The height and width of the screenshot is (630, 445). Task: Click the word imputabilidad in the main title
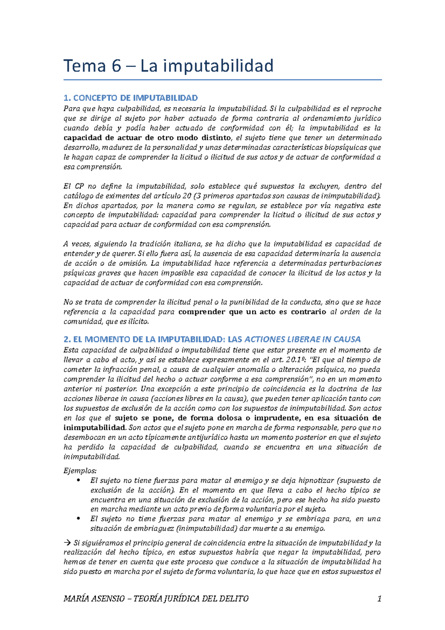[218, 66]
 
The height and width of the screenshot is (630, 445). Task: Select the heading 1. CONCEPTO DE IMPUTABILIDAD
[131, 98]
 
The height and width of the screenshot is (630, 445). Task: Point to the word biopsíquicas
[349, 147]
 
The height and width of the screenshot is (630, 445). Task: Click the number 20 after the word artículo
[187, 196]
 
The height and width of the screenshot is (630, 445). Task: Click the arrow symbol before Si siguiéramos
[67, 543]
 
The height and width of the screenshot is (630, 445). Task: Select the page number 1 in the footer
[379, 598]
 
